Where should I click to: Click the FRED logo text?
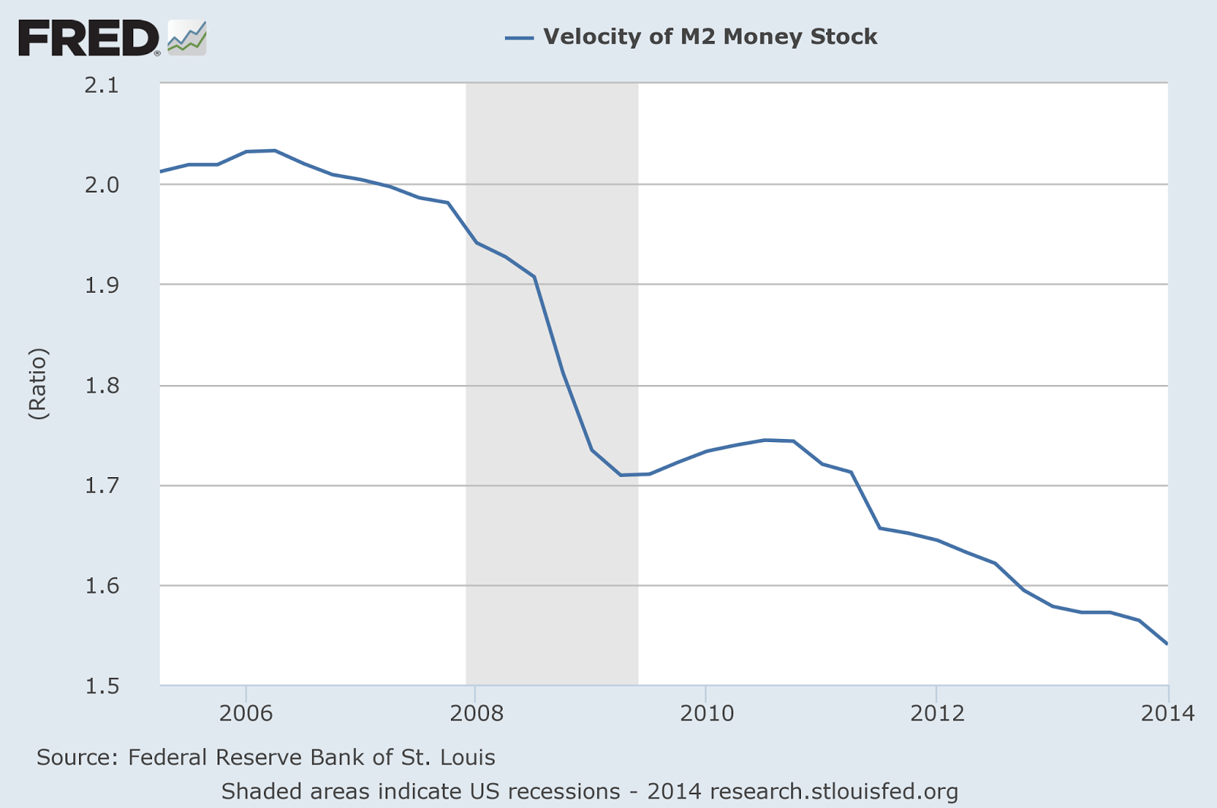point(87,38)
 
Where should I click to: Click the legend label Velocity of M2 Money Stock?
point(710,37)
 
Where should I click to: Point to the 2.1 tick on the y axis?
point(103,85)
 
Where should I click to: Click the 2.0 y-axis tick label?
point(103,185)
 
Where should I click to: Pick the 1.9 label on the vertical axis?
point(103,285)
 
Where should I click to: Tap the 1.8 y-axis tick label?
point(103,386)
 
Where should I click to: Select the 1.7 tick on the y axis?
point(103,485)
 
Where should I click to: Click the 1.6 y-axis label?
point(103,586)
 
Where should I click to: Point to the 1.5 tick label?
point(103,686)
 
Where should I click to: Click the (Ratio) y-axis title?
point(38,383)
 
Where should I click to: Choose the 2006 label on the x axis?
point(245,713)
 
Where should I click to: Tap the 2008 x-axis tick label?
point(476,713)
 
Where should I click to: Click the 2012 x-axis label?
point(937,713)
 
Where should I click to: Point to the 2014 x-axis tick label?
point(1167,713)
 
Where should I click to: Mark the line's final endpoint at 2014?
point(1167,644)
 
